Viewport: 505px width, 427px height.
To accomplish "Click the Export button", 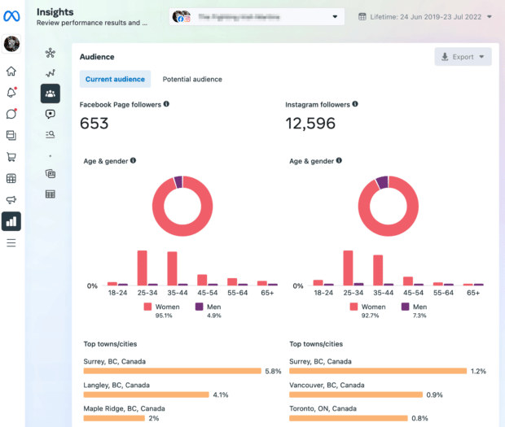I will point(463,57).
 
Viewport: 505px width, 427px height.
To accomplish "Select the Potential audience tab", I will point(192,79).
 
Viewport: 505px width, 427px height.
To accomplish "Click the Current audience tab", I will point(115,79).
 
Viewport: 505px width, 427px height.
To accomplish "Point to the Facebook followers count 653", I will point(94,124).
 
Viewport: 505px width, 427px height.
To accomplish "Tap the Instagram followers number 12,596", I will point(310,124).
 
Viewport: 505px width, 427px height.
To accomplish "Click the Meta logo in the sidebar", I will point(11,16).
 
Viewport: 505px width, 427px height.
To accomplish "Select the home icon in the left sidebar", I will point(11,72).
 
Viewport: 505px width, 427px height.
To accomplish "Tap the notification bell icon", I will point(11,93).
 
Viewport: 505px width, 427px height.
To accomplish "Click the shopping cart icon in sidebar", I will point(11,157).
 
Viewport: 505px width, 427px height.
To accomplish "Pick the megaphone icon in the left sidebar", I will point(11,200).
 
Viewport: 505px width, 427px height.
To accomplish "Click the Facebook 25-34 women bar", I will point(142,268).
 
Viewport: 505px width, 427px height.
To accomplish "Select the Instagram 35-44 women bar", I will point(377,269).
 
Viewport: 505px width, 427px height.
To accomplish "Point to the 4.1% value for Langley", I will point(220,395).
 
